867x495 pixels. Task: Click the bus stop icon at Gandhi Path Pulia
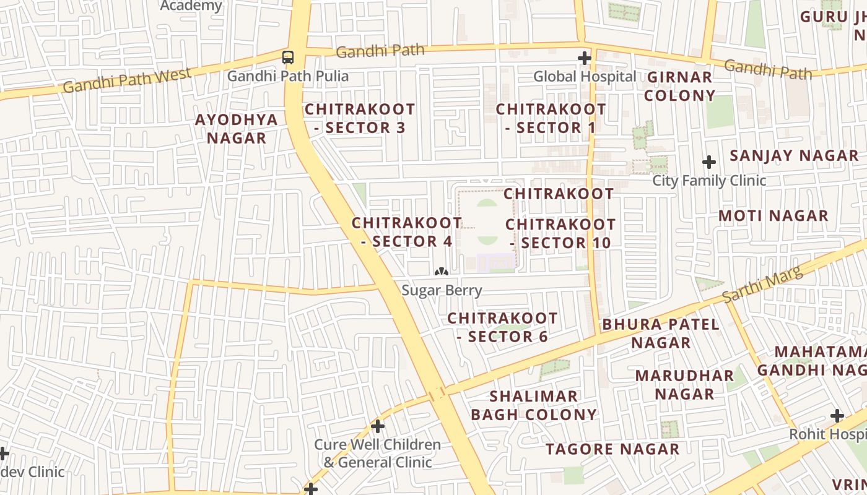pos(288,58)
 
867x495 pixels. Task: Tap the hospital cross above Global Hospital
pos(585,58)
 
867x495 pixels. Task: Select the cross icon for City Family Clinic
pos(709,163)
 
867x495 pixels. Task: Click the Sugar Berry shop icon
pos(441,272)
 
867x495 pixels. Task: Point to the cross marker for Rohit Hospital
pos(837,416)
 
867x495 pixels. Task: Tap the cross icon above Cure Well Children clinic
pos(378,426)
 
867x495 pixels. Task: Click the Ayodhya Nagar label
pos(237,129)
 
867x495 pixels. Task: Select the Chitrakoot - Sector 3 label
pos(360,118)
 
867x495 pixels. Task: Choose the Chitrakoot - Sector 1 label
pos(551,118)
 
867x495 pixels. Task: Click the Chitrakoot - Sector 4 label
pos(407,232)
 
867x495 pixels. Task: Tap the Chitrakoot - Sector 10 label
pos(560,233)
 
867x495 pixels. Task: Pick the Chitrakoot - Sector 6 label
pos(502,327)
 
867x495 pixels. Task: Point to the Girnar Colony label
pos(680,87)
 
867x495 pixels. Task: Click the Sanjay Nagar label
pos(794,156)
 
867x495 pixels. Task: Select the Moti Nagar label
pos(773,216)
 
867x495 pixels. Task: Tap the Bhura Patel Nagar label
pos(661,334)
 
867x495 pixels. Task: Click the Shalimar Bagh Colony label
pos(534,405)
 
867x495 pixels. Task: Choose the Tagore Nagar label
pos(612,449)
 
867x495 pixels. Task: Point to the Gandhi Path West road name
pos(127,81)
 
